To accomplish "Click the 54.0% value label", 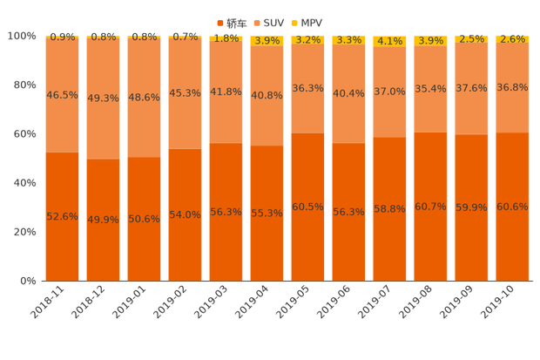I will tap(185, 215).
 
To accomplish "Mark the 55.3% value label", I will tap(267, 214).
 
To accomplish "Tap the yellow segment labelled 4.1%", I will tap(389, 41).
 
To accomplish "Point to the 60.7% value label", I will tap(430, 207).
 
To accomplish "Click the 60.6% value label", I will tap(512, 207).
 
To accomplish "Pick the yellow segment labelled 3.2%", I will tap(307, 40).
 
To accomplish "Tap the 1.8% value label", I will tap(226, 38).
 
